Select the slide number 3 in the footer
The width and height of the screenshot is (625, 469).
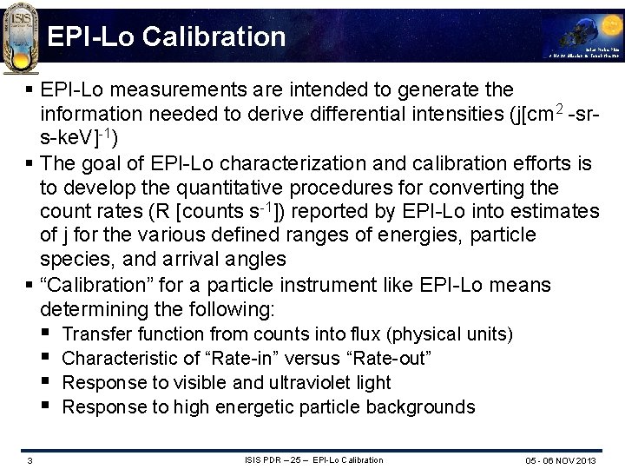(30, 460)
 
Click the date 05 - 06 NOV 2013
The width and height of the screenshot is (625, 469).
(561, 460)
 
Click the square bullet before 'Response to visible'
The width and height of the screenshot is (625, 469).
(46, 383)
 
